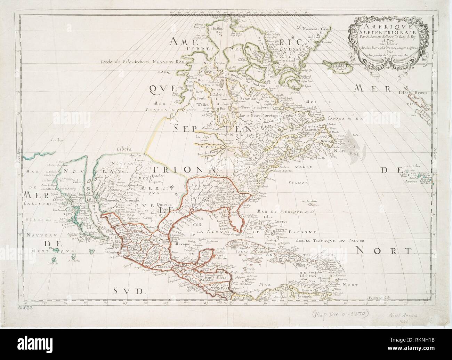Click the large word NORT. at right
click(x=382, y=250)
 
